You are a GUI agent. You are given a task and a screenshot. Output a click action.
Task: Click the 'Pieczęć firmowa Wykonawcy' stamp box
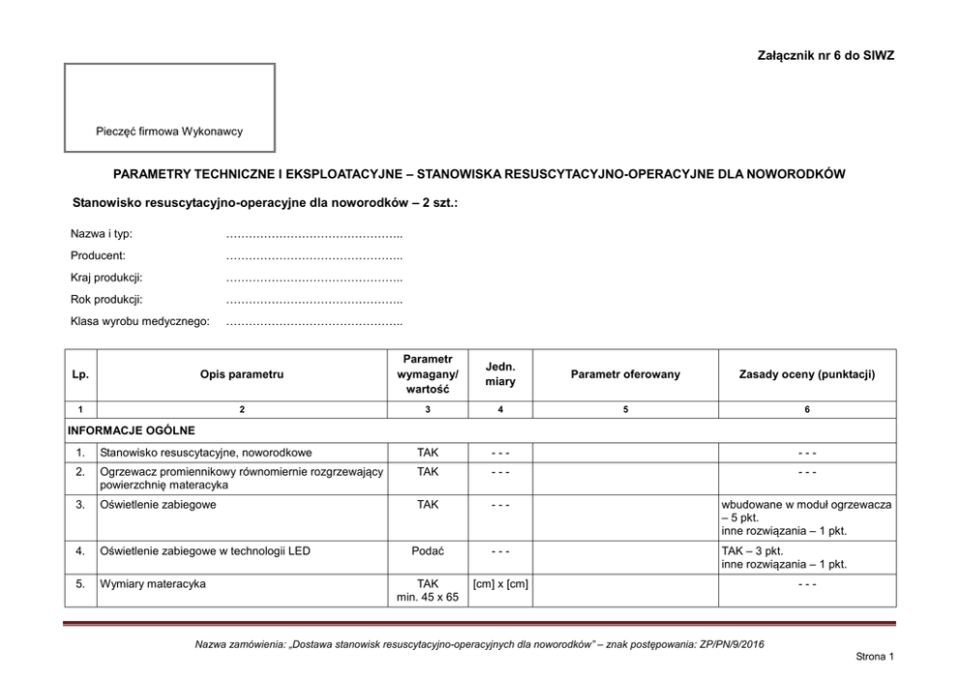click(169, 107)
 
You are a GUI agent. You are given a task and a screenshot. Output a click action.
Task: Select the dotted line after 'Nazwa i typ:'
click(313, 235)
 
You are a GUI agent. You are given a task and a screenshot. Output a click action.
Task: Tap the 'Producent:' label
click(99, 256)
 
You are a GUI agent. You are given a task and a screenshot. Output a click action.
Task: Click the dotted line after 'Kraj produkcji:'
click(313, 279)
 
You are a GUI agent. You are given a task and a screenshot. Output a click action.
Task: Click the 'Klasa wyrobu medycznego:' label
click(140, 321)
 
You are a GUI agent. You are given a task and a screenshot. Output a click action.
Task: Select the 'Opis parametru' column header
click(242, 373)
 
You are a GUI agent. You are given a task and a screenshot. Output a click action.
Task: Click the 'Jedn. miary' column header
click(500, 373)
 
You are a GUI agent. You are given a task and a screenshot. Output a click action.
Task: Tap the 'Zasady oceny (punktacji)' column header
click(807, 373)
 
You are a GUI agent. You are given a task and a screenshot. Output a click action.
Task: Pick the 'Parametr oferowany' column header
click(625, 373)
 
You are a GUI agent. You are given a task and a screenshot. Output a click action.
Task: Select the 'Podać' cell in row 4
click(427, 551)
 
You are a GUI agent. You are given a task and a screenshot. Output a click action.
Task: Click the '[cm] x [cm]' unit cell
click(500, 584)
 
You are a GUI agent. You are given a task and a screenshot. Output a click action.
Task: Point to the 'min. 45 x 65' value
click(427, 598)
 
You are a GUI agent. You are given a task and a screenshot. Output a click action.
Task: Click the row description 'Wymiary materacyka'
click(153, 584)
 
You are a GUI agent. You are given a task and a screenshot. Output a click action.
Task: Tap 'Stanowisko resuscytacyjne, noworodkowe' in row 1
click(206, 453)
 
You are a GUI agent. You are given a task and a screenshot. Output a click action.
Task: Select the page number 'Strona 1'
click(875, 657)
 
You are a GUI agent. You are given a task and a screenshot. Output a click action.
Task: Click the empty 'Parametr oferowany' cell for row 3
click(625, 517)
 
